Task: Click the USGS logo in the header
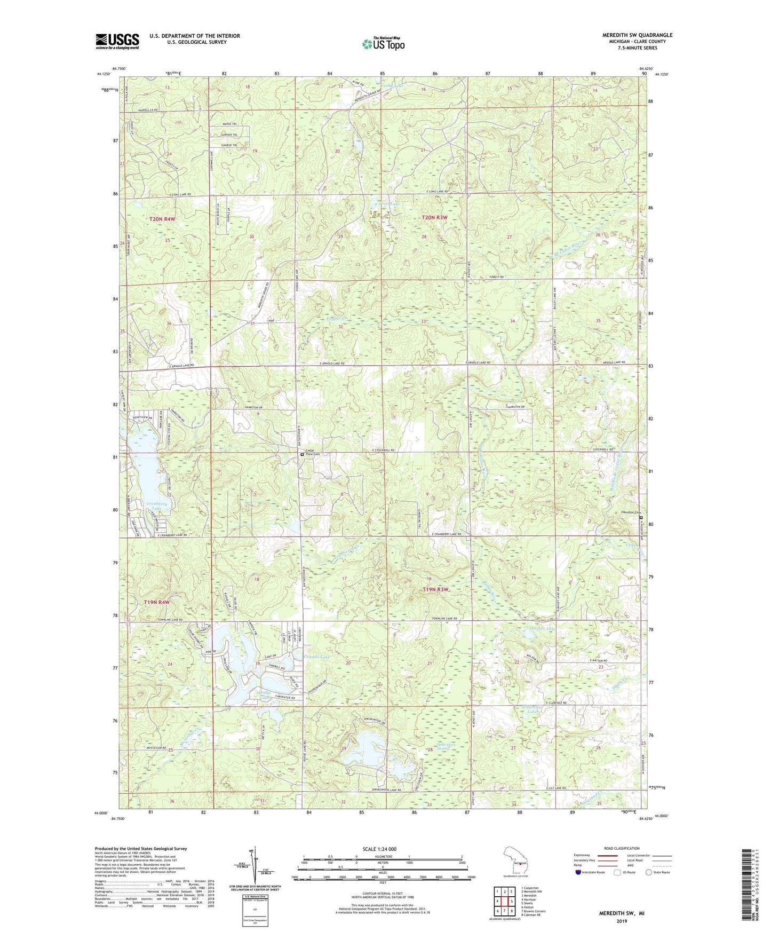pos(117,41)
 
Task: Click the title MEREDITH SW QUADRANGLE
pos(630,35)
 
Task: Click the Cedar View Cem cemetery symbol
pos(303,454)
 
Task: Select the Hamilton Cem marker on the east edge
pos(641,518)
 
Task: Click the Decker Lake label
pos(544,629)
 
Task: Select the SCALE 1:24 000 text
pos(376,849)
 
